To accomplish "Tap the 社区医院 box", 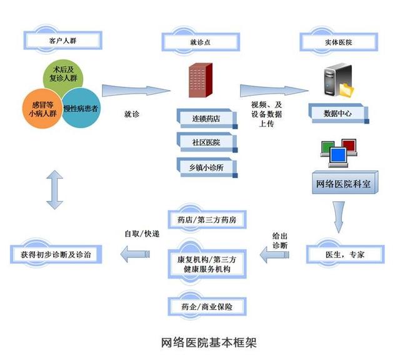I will (x=207, y=142).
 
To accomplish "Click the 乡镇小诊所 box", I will (x=207, y=167).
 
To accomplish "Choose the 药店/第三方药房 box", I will (x=207, y=219).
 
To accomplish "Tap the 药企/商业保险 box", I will (x=207, y=307).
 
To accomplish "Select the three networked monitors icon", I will (x=337, y=152).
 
